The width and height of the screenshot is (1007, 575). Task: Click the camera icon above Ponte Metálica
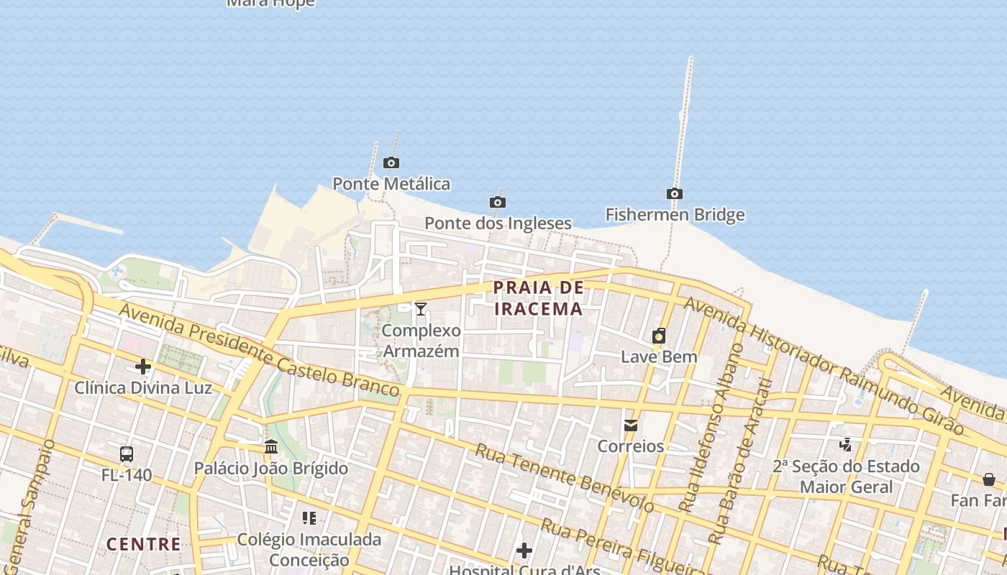coord(391,163)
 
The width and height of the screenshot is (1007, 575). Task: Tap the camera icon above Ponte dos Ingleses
coord(497,202)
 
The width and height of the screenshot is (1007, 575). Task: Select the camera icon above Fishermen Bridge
coord(674,193)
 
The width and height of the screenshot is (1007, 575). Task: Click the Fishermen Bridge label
coord(675,215)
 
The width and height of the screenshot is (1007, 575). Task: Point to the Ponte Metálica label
coord(391,184)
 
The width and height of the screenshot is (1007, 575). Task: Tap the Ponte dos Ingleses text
coord(498,224)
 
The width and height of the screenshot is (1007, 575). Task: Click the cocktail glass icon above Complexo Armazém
coord(421,309)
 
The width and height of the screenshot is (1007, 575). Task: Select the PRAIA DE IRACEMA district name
coord(538,298)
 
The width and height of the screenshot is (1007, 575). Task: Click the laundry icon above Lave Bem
coord(659,336)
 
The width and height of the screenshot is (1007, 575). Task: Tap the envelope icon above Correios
coord(631,425)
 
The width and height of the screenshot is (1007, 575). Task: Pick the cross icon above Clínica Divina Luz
coord(143,367)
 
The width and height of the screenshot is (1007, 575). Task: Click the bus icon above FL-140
coord(127,454)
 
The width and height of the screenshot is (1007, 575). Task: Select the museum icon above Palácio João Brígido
coord(271,447)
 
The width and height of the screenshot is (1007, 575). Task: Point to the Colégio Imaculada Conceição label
coord(309,549)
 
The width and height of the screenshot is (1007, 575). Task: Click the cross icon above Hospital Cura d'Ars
coord(524,551)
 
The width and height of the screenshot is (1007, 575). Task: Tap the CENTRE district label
coord(144,544)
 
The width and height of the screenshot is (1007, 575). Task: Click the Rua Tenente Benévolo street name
coord(565,478)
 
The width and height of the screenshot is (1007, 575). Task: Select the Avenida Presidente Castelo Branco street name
coord(259,351)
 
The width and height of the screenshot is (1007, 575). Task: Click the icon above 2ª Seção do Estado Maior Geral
coord(846,445)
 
